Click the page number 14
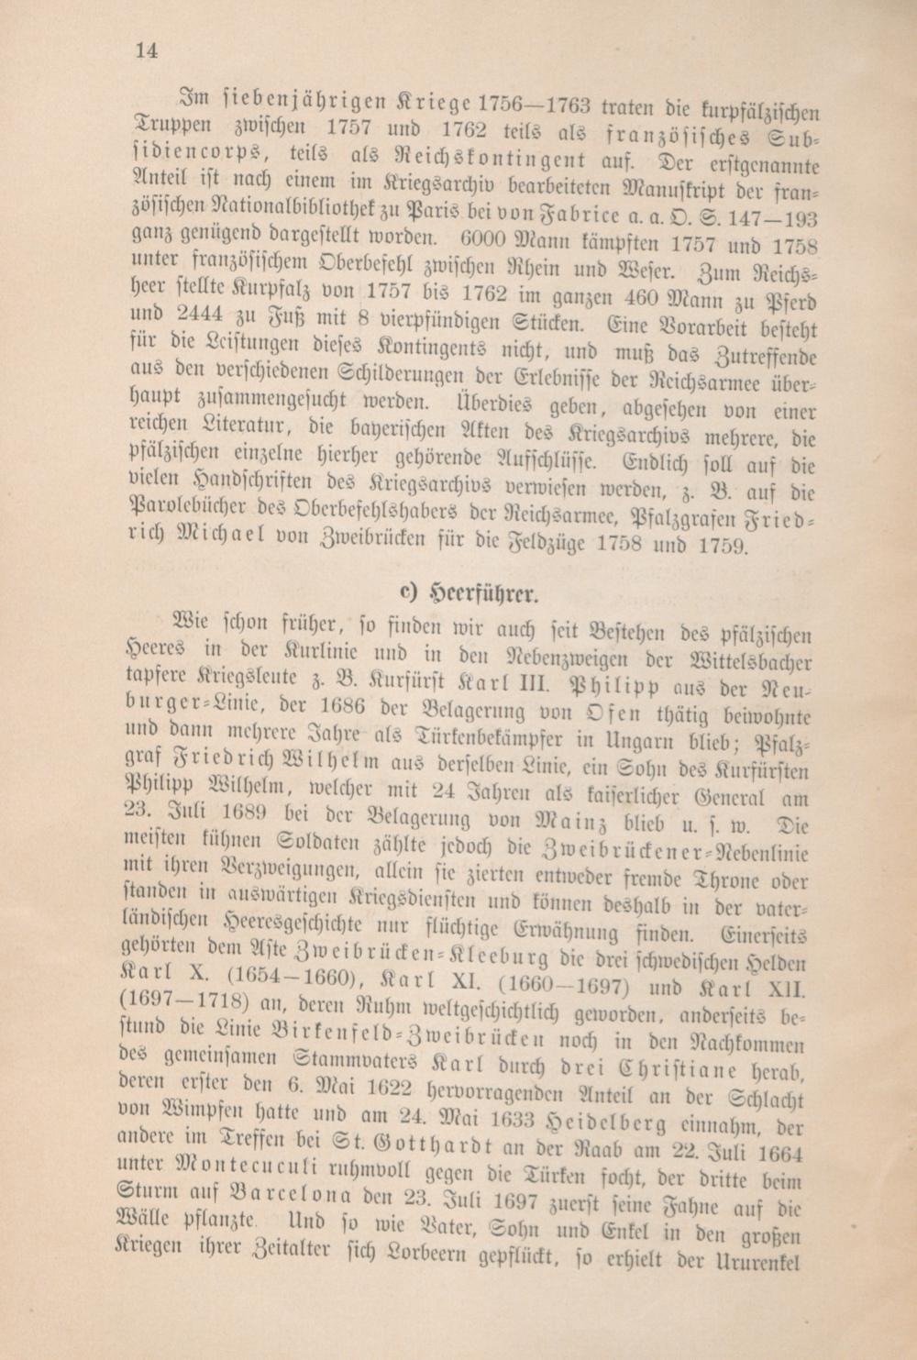146,51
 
